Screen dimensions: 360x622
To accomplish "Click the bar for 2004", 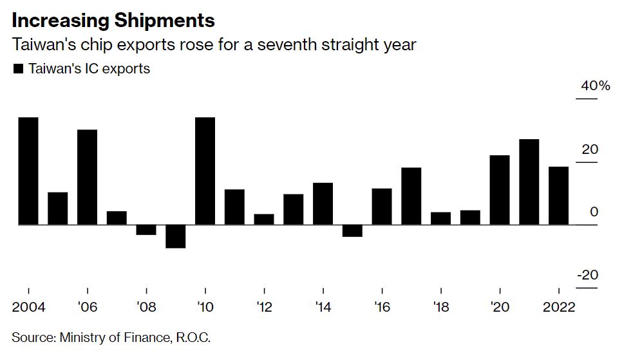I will pos(28,171).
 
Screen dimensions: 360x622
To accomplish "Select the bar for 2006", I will pos(88,177).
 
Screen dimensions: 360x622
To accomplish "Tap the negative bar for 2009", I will pos(176,236).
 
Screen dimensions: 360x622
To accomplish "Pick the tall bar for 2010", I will pos(205,171).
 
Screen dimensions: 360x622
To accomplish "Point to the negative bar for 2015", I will pos(352,231).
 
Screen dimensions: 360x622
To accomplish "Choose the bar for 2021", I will pos(529,182).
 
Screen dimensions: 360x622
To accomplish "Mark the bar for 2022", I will pos(558,196).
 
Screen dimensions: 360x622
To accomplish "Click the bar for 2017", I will pos(411,196).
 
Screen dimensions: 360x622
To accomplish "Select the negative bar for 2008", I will pos(146,230).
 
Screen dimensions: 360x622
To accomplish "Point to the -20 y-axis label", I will pos(587,275).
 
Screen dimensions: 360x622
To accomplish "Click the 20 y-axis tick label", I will pos(590,149).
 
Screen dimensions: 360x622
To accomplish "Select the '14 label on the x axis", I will pos(323,307).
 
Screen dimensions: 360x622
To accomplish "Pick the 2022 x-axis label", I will pos(558,307).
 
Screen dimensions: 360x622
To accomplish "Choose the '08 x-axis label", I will pos(147,307).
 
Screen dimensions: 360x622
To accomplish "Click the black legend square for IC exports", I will pos(18,68).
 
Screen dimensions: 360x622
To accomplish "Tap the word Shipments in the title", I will pos(164,21).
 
